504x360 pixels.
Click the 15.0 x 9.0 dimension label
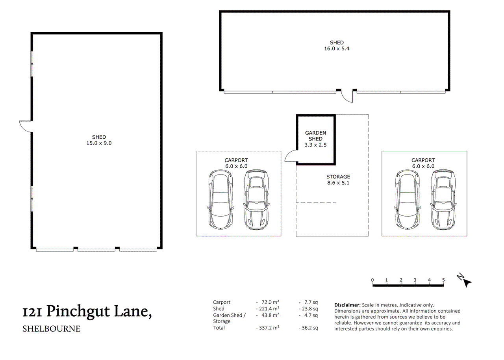[99, 143]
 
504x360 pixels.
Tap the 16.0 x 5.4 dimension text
[337, 48]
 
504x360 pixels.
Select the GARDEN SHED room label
[315, 136]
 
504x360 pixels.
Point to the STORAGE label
[338, 177]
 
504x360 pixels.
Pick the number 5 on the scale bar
[443, 280]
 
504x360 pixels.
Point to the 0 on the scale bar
[372, 280]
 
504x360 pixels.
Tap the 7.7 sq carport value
[311, 302]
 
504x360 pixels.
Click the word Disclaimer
[347, 305]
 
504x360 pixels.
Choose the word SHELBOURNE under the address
[51, 329]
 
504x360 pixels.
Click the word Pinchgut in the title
[78, 312]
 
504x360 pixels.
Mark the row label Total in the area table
[219, 328]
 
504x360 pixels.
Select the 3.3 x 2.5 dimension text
[315, 145]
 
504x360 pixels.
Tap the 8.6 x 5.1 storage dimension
[338, 183]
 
